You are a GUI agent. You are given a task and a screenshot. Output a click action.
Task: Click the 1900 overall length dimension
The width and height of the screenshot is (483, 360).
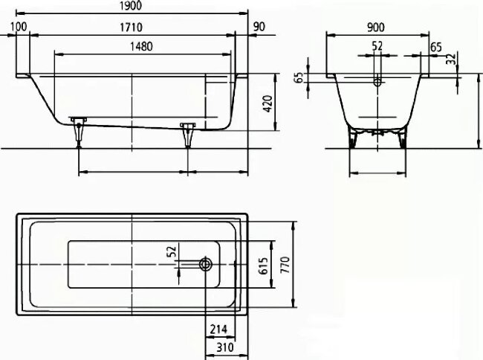click(131, 6)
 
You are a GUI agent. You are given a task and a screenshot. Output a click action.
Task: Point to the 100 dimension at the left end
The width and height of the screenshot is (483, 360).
click(19, 27)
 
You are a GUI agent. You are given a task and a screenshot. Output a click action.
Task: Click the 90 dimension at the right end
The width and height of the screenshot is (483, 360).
click(259, 27)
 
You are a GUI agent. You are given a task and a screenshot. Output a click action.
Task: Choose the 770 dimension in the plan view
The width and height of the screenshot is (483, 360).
click(284, 263)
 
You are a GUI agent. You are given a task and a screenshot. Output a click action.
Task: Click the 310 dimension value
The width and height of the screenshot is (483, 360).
click(217, 347)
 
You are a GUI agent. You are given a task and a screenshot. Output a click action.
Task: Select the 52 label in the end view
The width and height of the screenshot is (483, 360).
click(377, 46)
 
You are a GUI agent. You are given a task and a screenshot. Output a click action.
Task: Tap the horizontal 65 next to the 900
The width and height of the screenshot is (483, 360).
click(436, 47)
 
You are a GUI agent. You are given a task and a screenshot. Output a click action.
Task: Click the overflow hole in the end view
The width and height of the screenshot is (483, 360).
click(377, 83)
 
